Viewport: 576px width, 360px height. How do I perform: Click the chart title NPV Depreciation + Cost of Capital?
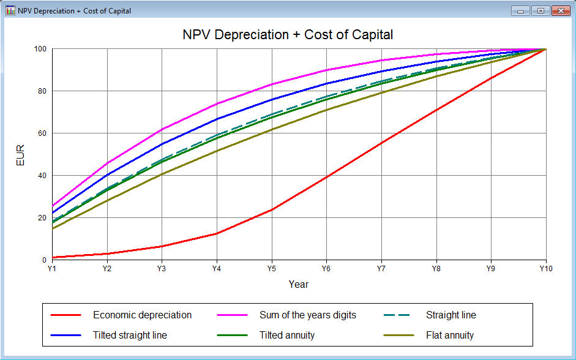tap(288, 34)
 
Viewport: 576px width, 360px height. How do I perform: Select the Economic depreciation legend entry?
tap(142, 315)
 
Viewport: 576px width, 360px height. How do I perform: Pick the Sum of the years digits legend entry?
tap(307, 315)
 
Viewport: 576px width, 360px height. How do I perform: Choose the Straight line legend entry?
tap(451, 315)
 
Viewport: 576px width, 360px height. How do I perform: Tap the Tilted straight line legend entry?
tap(130, 335)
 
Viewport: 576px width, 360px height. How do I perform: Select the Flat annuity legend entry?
tap(449, 335)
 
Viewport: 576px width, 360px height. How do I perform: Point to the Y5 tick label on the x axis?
tap(272, 268)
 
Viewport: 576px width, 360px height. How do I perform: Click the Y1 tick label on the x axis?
tap(52, 268)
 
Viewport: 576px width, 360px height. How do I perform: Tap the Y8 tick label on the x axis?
tap(436, 268)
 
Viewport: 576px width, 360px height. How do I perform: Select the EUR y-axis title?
tap(21, 154)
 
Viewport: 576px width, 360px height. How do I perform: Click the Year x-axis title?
tap(299, 285)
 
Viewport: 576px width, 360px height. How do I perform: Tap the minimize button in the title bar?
tap(522, 10)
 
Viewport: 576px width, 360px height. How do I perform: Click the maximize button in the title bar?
tap(540, 10)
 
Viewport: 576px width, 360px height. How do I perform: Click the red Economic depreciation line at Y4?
tap(217, 233)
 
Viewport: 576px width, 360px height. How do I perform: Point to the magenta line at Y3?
tap(162, 130)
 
